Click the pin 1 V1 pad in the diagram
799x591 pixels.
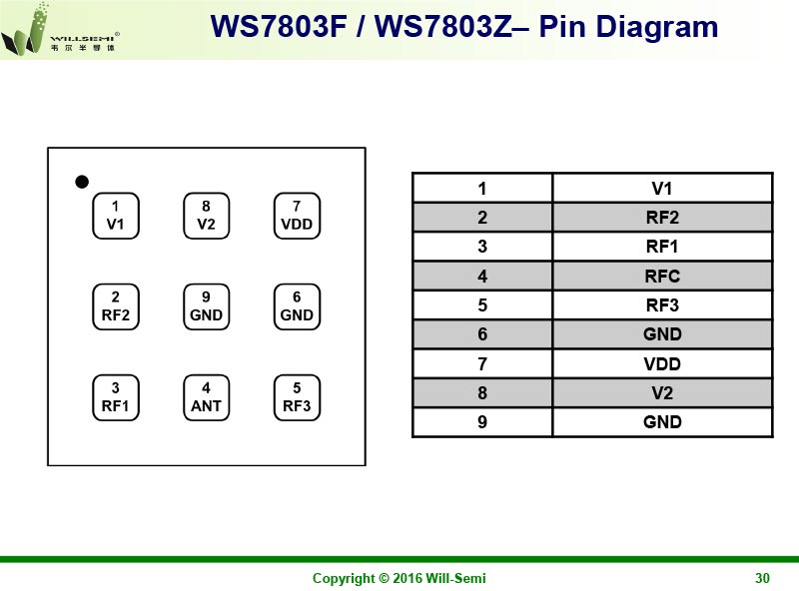tap(115, 216)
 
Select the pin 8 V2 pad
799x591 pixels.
tap(206, 216)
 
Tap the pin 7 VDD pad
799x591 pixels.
tap(297, 216)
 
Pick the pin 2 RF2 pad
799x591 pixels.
tap(115, 306)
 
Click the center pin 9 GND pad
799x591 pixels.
tap(206, 306)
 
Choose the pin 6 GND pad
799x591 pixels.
tap(297, 306)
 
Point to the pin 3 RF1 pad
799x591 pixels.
tap(115, 397)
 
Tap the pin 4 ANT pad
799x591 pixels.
tap(206, 397)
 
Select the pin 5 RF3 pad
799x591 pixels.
tap(297, 397)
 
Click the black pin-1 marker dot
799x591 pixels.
tap(83, 181)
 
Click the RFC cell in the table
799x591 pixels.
tap(662, 276)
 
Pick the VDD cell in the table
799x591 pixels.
tap(662, 363)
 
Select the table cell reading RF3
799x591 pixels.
tap(662, 304)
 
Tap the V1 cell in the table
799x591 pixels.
tap(662, 188)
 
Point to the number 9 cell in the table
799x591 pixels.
tap(482, 422)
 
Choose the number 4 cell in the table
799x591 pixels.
tap(482, 276)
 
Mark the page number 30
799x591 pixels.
tap(763, 578)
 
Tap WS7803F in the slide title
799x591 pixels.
tap(281, 27)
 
